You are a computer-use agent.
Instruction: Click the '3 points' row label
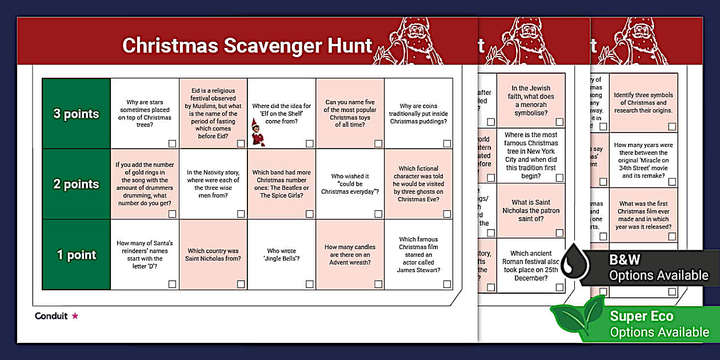click(76, 114)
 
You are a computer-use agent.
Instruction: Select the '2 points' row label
click(76, 184)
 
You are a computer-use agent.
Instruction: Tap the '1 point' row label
click(76, 255)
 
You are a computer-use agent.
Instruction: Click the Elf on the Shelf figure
click(257, 132)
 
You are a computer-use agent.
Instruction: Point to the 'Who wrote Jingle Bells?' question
click(281, 254)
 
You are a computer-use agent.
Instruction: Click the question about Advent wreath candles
click(350, 255)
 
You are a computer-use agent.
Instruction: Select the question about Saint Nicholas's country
click(213, 255)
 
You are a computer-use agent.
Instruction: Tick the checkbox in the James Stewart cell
click(446, 284)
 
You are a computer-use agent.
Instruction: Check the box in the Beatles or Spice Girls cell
click(309, 214)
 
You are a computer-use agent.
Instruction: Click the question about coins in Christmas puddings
click(418, 114)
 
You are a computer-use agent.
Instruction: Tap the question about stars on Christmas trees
click(145, 114)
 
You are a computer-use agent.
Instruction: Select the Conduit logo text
click(51, 316)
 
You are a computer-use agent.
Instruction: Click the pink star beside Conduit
click(75, 316)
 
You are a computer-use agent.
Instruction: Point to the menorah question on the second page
click(531, 101)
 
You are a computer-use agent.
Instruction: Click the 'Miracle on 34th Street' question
click(643, 160)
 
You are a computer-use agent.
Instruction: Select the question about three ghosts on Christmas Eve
click(418, 184)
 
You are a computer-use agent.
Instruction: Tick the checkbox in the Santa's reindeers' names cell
click(172, 284)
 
